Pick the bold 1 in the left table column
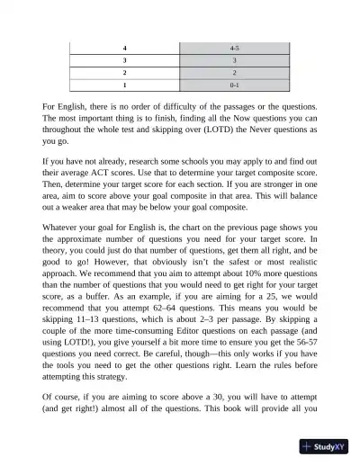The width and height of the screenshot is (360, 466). tap(125, 87)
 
